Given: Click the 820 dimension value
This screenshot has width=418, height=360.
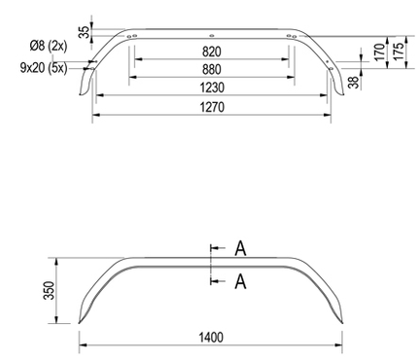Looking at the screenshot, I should pos(213,51).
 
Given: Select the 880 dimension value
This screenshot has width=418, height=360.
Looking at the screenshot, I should pos(213,69).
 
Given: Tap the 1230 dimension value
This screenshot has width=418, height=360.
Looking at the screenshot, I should pos(213,88).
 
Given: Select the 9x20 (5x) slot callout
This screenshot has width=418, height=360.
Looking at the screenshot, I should pos(42,67).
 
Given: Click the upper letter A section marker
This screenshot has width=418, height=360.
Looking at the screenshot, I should pos(240,249).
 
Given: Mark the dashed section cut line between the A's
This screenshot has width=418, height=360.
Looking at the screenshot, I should pos(209,265).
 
